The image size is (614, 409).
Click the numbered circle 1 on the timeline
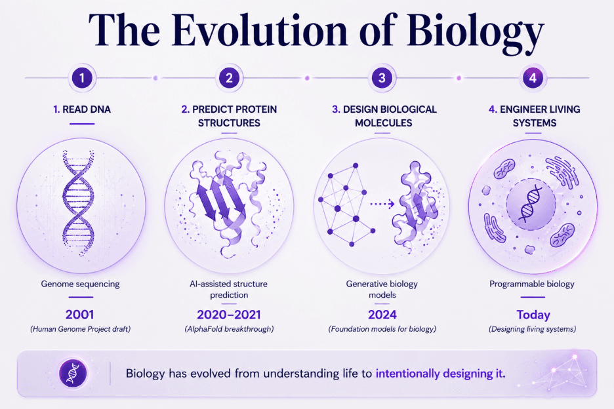coord(82,78)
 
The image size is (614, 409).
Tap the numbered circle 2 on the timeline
coord(229,78)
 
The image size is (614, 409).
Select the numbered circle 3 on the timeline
coord(382,78)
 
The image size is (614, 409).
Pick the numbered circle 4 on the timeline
coord(533,78)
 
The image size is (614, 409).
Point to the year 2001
coord(80,315)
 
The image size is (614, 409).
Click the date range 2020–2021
coord(229,315)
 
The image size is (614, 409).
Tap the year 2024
coord(382,315)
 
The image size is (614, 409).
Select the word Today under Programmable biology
coord(533,315)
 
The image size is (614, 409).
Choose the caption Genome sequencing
coord(80,284)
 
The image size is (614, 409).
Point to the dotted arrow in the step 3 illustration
coord(382,204)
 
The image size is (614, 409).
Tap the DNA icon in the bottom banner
coord(73,374)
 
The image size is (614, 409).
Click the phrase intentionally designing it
coord(441,374)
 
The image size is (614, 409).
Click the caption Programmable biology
coord(532,284)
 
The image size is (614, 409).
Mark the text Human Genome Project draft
coord(80,329)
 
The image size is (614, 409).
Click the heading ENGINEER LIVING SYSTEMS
coord(535,116)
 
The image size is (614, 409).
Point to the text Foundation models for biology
coord(382,329)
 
